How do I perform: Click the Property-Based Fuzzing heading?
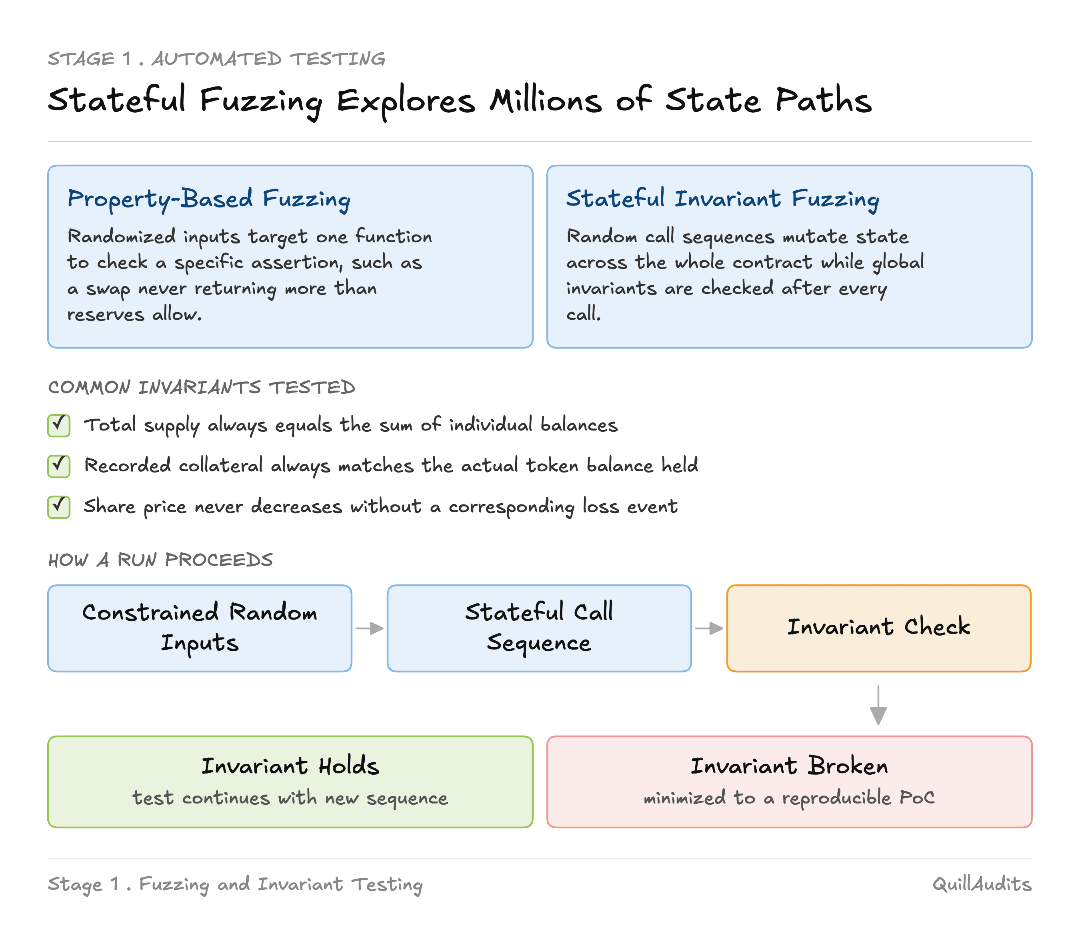pos(209,199)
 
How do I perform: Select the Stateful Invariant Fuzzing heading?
pos(722,199)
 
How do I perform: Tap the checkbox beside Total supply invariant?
pos(58,425)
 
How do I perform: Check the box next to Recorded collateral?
pos(58,466)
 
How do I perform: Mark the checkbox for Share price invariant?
pos(58,507)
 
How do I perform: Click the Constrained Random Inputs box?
pos(200,628)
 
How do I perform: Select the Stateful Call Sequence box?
pos(539,628)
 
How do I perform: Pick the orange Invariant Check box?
pos(878,628)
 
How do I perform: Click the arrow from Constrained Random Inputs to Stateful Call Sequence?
pos(369,628)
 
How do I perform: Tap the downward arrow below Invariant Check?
pos(878,705)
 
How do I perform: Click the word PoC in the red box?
pos(917,797)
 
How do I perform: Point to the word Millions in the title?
pos(545,100)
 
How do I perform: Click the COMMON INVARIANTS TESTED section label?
pos(202,388)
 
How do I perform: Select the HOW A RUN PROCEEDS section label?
pos(160,560)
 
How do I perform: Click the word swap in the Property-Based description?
pos(108,289)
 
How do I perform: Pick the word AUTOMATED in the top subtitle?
pos(217,58)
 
